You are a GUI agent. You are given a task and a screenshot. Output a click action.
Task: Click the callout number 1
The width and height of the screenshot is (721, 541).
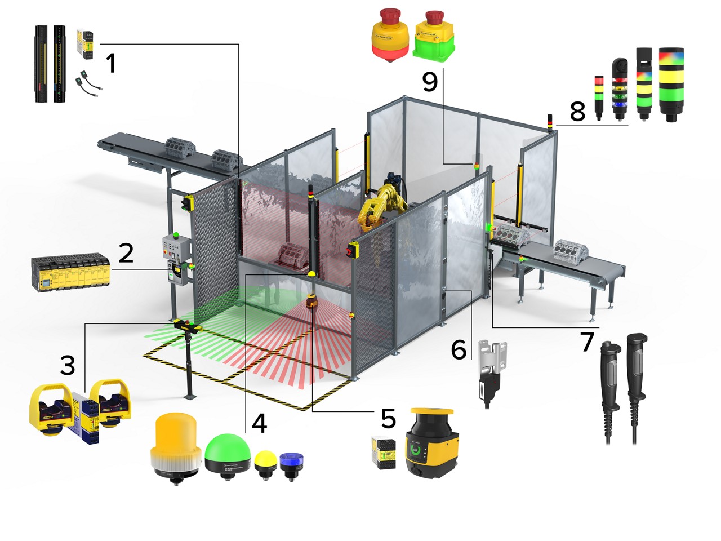click(x=111, y=63)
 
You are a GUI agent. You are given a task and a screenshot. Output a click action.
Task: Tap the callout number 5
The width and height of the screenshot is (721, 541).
click(x=388, y=419)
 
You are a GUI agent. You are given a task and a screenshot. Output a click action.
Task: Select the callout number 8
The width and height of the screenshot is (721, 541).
click(x=577, y=111)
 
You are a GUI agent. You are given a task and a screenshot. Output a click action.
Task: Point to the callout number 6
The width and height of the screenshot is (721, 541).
click(x=459, y=349)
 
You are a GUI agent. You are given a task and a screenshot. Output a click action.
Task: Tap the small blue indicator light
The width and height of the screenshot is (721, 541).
click(x=291, y=462)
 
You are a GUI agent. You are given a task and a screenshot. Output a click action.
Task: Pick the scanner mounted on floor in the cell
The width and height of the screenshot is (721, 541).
click(x=312, y=304)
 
